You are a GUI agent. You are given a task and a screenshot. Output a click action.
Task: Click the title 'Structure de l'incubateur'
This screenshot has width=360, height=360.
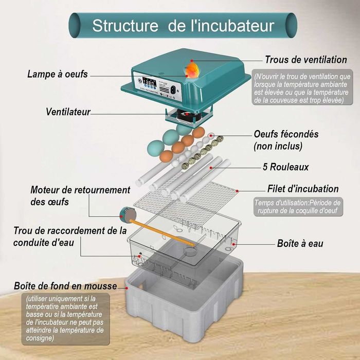pyautogui.click(x=183, y=26)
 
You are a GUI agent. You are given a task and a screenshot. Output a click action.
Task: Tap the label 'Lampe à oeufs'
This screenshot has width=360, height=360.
pyautogui.click(x=58, y=74)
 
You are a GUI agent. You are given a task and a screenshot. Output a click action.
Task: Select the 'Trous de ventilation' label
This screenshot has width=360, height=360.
pyautogui.click(x=306, y=60)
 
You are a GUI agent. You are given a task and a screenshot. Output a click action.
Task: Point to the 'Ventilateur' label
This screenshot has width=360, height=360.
pyautogui.click(x=68, y=112)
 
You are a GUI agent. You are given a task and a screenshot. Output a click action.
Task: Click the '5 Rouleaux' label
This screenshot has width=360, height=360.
pyautogui.click(x=285, y=167)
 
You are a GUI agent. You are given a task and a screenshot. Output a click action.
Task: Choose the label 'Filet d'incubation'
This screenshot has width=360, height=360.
pyautogui.click(x=303, y=189)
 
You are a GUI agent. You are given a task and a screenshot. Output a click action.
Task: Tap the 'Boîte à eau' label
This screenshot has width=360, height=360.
pyautogui.click(x=300, y=243)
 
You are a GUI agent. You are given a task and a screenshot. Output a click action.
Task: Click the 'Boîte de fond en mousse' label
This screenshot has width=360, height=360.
pyautogui.click(x=65, y=286)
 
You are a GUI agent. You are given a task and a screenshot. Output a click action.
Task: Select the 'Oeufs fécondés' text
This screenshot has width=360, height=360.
pyautogui.click(x=286, y=134)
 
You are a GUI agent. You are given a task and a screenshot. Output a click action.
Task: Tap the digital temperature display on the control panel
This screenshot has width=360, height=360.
pyautogui.click(x=149, y=82)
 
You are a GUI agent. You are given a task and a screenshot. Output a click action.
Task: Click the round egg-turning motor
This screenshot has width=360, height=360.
pyautogui.click(x=128, y=214)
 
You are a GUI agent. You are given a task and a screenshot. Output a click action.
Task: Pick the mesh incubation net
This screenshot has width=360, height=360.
pyautogui.click(x=186, y=202)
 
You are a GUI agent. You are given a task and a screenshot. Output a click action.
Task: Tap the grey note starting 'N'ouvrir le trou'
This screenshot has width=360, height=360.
pyautogui.click(x=302, y=87)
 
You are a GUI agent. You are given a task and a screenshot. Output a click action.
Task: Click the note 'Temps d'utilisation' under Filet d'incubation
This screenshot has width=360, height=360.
pyautogui.click(x=298, y=207)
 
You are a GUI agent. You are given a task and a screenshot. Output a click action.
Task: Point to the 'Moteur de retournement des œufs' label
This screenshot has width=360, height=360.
pyautogui.click(x=80, y=196)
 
